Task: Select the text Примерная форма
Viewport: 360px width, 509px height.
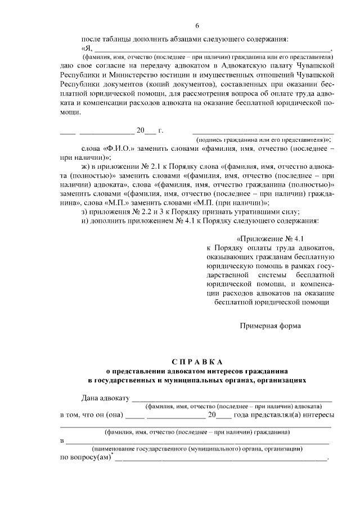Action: [x=271, y=325]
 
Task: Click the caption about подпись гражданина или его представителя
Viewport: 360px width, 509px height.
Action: [x=263, y=138]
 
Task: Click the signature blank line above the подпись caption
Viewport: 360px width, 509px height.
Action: [x=263, y=132]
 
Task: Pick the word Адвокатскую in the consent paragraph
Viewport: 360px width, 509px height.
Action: [x=228, y=66]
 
